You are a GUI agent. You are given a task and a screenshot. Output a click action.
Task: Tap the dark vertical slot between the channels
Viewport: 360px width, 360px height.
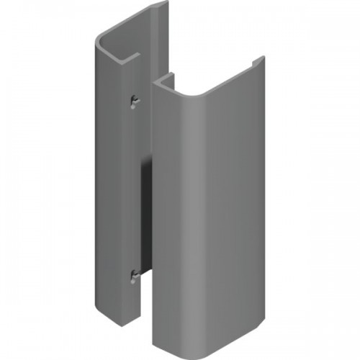point(144,216)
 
